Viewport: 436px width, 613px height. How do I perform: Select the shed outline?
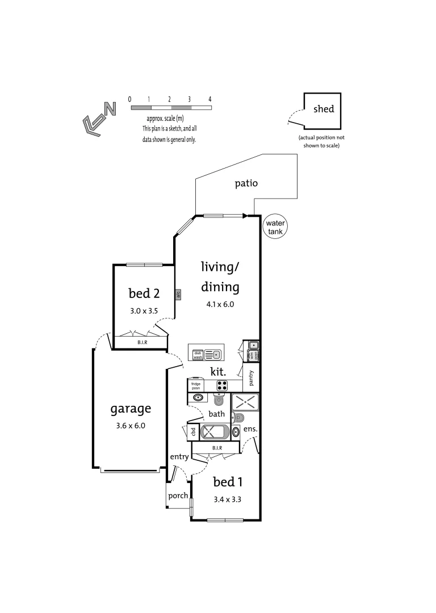coord(322,111)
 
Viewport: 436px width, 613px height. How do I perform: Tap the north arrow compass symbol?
coord(99,118)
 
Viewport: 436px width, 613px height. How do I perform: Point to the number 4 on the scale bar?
coord(210,99)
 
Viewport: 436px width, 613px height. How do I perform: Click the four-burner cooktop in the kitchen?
coord(222,385)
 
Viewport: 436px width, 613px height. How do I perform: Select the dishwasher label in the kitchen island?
coord(198,355)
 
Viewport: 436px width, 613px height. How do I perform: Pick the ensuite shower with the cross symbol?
coord(245,403)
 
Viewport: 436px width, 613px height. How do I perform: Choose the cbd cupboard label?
coord(193,431)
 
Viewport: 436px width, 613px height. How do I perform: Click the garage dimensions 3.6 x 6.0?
coord(131,425)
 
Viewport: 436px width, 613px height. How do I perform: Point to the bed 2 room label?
coord(144,293)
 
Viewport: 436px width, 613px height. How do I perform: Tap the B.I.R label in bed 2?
coord(141,343)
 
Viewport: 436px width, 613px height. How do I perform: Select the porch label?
coord(178,496)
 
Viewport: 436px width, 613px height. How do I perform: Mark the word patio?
coord(246,183)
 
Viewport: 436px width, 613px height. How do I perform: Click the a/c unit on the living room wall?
coord(178,294)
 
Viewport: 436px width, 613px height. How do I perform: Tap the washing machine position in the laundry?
coord(256,355)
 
